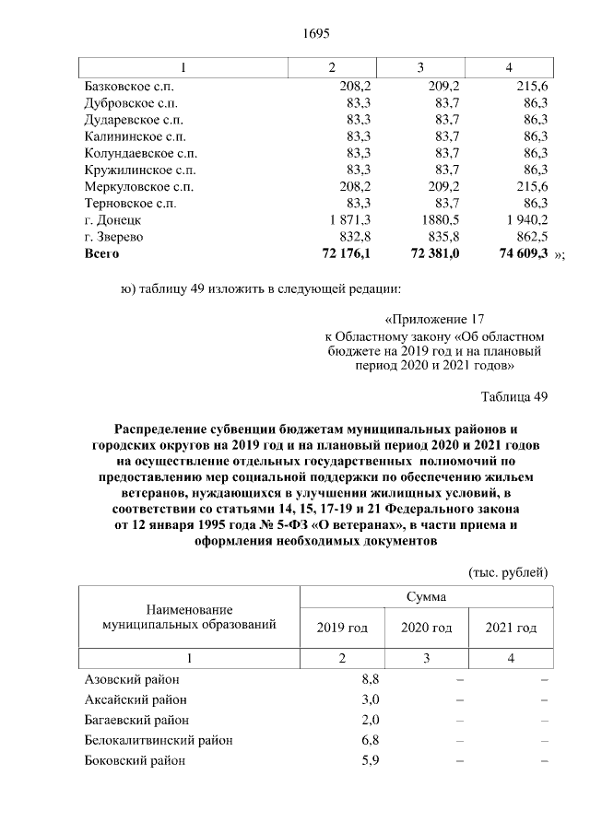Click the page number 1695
[x=316, y=34]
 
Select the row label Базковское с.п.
[x=127, y=86]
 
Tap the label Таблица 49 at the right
[x=514, y=397]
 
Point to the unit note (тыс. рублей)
[x=509, y=571]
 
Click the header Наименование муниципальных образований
[x=190, y=617]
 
